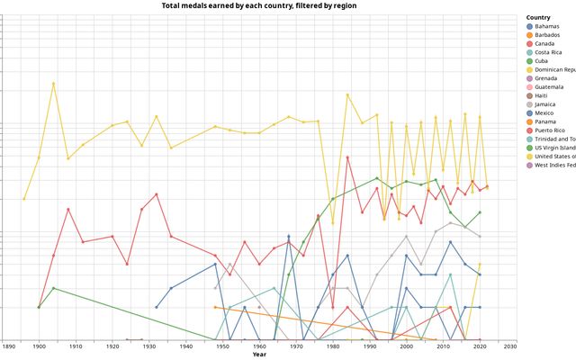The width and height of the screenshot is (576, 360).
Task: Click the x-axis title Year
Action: (x=258, y=355)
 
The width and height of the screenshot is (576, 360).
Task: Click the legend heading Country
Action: (x=538, y=17)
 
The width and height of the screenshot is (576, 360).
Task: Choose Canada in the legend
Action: (x=544, y=43)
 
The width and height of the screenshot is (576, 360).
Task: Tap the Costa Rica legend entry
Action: (x=549, y=52)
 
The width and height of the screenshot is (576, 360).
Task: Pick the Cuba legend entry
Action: (x=543, y=61)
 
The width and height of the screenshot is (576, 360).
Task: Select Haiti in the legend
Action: (x=542, y=96)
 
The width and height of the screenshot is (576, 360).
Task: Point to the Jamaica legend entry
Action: (x=546, y=104)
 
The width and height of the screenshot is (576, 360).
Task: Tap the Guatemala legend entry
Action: (x=549, y=87)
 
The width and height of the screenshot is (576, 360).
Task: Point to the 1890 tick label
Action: (x=9, y=346)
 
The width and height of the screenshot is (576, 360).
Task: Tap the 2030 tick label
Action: (x=510, y=346)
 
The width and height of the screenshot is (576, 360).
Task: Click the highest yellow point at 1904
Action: (x=53, y=84)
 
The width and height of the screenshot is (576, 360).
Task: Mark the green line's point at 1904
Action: (x=53, y=288)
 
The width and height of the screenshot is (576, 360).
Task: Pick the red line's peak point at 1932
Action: (x=157, y=194)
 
